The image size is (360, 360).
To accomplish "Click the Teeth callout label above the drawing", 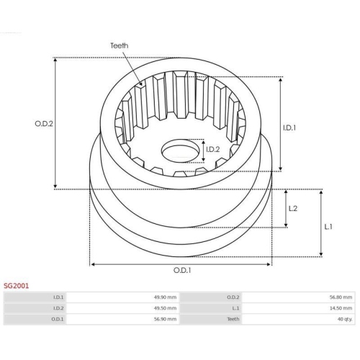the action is click(119, 45).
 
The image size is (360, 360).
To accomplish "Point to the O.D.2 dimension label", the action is click(44, 124).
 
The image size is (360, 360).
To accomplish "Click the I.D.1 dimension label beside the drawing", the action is click(289, 128).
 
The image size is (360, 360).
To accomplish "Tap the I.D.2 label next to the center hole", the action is click(213, 150).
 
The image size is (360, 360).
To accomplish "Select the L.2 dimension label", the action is click(293, 208).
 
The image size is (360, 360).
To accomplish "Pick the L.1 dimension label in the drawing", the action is click(328, 227).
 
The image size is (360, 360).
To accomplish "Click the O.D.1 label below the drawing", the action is click(182, 271).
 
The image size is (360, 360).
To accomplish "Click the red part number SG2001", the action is click(16, 286).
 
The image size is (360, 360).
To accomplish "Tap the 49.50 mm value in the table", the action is click(165, 308).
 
